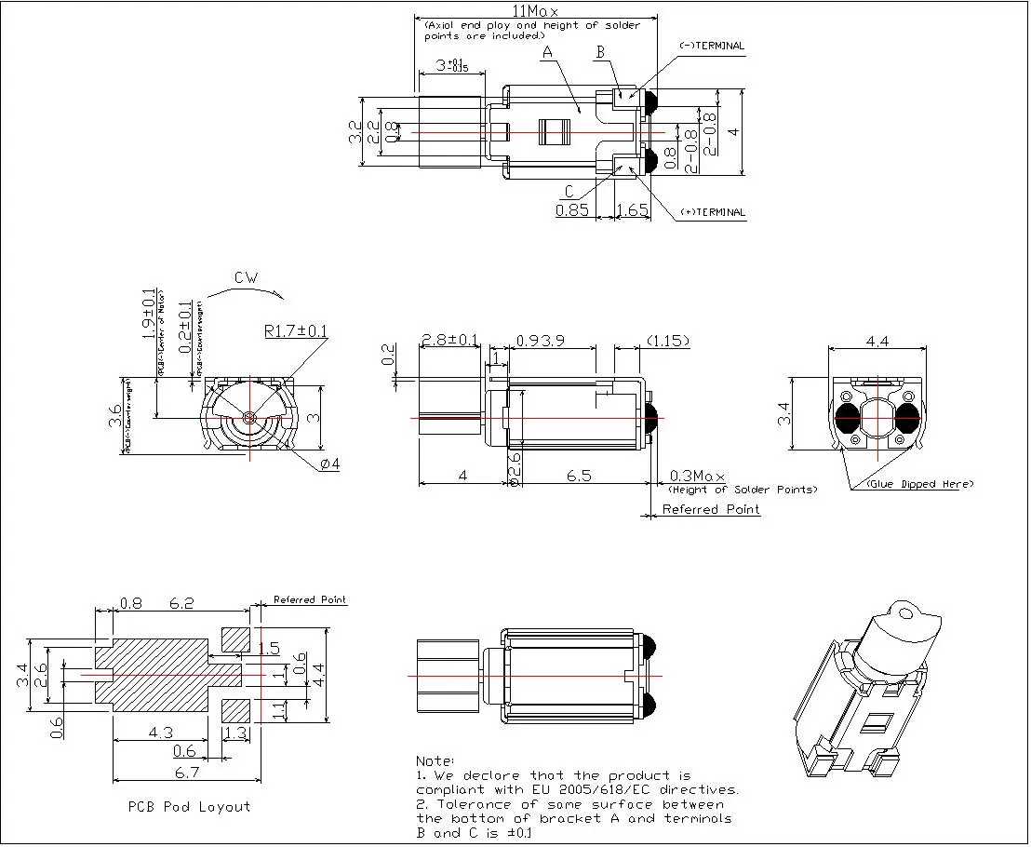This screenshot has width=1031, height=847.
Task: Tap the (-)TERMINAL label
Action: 712,46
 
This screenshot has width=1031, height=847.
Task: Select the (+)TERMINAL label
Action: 712,212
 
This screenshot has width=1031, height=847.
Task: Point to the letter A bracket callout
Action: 547,54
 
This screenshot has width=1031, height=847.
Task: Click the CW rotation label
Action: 247,277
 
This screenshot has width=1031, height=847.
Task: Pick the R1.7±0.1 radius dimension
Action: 296,330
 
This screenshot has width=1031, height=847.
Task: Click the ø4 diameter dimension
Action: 328,464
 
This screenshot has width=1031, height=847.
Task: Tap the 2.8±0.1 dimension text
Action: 449,341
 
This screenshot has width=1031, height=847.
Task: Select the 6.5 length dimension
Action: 578,475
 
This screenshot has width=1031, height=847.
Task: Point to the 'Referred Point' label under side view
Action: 711,509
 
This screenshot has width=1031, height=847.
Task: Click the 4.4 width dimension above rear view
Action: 877,342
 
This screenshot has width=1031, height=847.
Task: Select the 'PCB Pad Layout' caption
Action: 189,806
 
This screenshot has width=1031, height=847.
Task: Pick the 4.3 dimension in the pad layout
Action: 160,733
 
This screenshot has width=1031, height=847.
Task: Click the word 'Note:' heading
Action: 435,760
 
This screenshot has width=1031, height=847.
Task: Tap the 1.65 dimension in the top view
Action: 633,210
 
